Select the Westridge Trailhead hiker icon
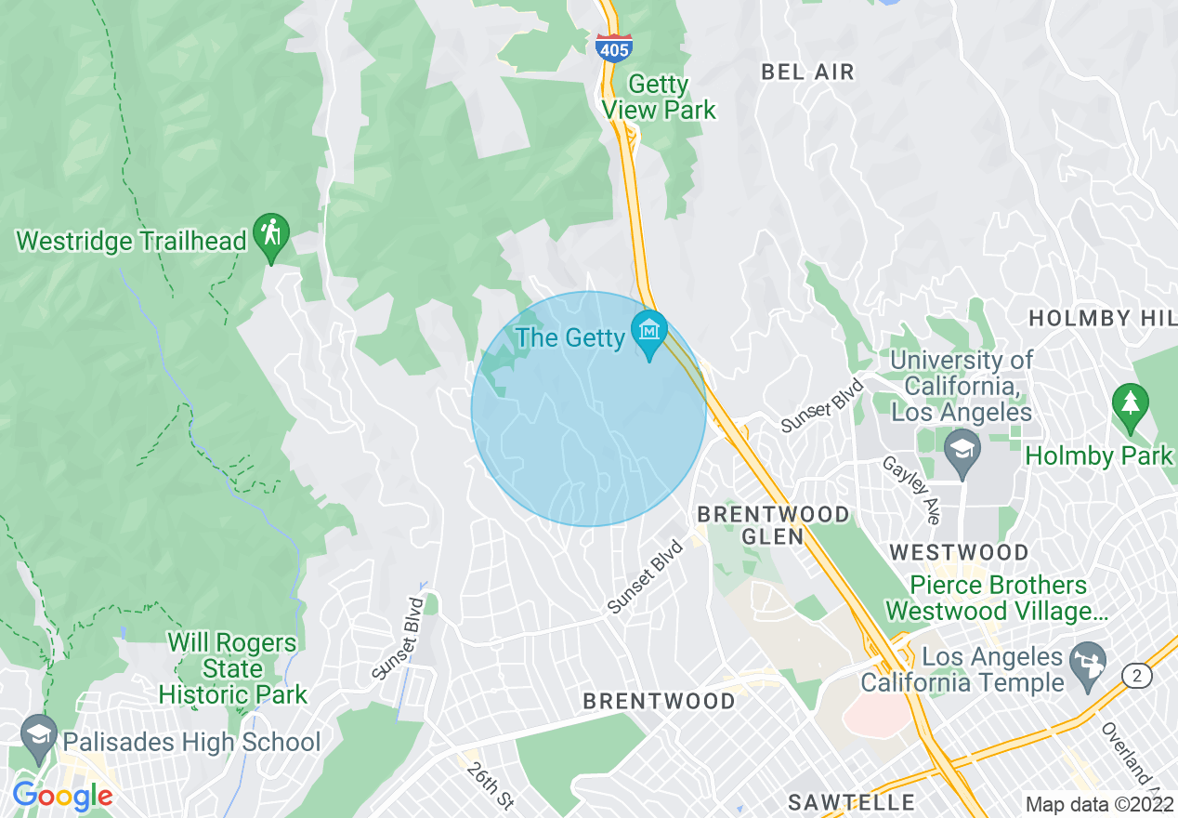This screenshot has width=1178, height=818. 271,236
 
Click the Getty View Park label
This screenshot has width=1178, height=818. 659,98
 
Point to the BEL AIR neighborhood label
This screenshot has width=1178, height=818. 807,72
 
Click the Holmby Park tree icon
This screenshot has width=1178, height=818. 1130,405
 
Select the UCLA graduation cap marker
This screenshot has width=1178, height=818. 962,450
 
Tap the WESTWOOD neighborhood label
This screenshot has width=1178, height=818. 959,552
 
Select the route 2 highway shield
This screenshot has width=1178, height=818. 1136,677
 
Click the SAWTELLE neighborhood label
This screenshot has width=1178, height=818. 851,801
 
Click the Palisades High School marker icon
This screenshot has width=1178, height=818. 39,735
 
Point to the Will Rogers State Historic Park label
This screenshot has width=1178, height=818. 232,668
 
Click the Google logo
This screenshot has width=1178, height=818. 62,797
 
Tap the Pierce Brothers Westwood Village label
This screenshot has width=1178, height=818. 986,598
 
